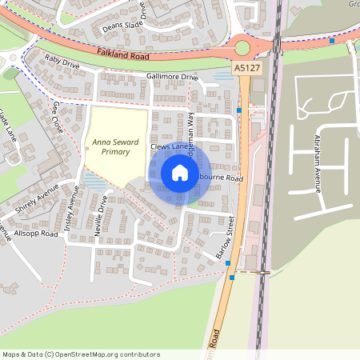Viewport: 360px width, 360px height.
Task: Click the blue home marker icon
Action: [x=180, y=172]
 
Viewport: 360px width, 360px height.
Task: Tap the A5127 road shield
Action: [x=247, y=70]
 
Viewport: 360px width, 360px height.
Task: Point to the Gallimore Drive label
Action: [x=171, y=77]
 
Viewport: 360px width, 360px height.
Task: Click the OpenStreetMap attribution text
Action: [x=80, y=354]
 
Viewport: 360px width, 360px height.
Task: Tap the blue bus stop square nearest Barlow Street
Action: [x=232, y=278]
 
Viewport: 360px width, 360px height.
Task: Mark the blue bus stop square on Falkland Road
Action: [x=332, y=39]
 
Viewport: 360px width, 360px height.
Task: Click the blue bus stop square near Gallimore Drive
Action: [x=239, y=110]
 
